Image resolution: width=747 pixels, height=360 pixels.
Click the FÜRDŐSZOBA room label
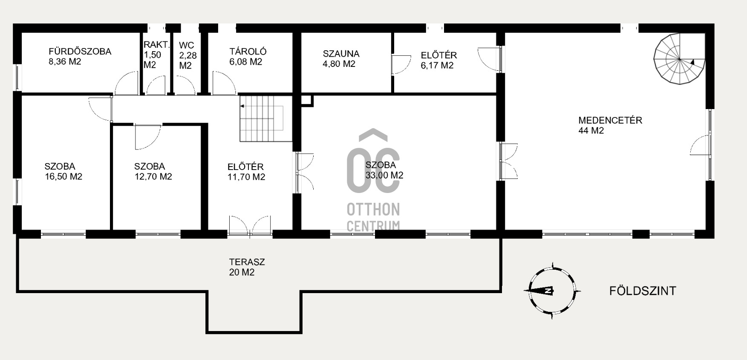click(x=80, y=52)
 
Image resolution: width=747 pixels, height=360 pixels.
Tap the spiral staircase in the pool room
click(x=680, y=59)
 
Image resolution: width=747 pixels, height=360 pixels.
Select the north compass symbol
click(x=552, y=291)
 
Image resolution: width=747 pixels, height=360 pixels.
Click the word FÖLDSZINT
click(x=643, y=291)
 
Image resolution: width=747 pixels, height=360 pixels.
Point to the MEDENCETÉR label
click(x=610, y=120)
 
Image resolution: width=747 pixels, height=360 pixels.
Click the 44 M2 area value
click(x=591, y=131)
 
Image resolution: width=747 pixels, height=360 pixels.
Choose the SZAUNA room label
click(x=341, y=54)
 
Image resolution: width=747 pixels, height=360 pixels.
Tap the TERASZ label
click(x=247, y=262)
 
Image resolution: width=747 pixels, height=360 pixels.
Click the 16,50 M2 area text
click(x=63, y=176)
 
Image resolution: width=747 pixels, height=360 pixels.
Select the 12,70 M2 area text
click(x=153, y=176)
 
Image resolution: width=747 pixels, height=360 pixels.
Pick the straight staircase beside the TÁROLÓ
click(x=266, y=118)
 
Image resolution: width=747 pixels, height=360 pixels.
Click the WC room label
click(x=187, y=45)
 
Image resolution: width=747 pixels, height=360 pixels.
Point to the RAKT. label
click(x=157, y=44)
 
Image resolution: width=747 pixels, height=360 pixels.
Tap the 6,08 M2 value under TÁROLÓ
click(x=246, y=62)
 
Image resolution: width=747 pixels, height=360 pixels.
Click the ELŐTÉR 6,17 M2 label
click(x=438, y=60)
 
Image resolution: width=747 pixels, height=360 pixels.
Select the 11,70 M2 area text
click(x=246, y=177)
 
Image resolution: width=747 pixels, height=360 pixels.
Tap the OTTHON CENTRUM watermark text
click(x=373, y=217)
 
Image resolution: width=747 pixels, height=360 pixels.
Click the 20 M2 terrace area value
click(x=242, y=273)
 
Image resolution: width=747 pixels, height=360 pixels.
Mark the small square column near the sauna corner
click(x=307, y=101)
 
